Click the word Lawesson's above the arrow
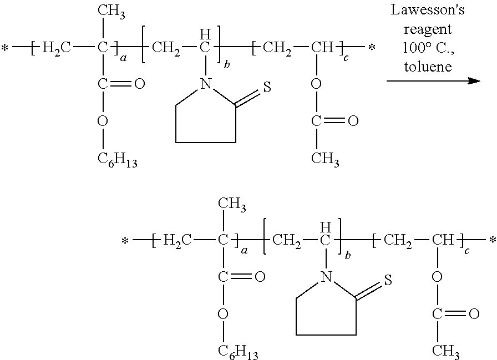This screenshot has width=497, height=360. pos(427,9)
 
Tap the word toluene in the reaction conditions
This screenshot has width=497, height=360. pos(428,67)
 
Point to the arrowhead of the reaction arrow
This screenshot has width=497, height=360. pos(474,81)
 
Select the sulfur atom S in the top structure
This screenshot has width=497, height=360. pos(267,87)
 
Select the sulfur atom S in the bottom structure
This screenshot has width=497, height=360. pos(388,280)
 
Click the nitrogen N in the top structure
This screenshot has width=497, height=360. pos(206,84)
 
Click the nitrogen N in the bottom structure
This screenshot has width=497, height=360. pos(326,277)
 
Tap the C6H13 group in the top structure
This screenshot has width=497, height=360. pos(117,159)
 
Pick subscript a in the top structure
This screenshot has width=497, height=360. pos(123,58)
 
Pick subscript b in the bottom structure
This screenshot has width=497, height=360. pos(348,255)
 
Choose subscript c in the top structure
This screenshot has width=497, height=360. pos(346,58)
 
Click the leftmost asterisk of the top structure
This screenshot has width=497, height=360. pos(5,48)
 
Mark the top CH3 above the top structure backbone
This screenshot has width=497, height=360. pos(111,12)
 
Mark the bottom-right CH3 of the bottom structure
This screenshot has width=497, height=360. pos(446,352)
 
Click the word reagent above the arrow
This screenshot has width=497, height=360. pos(428,30)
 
